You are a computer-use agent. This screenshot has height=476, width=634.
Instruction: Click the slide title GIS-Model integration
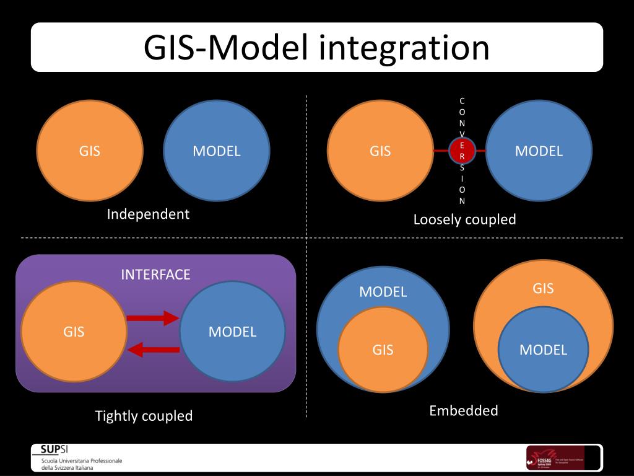click(316, 48)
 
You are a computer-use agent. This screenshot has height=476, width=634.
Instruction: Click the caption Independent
click(148, 214)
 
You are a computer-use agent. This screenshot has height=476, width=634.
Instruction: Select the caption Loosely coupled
click(464, 219)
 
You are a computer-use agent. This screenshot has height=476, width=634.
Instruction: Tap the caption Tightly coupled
click(144, 416)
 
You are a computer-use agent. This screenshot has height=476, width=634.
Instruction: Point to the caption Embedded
click(463, 410)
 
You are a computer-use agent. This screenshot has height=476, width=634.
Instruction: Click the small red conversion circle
click(462, 150)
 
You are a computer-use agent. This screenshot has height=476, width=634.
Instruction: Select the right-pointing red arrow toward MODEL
click(152, 319)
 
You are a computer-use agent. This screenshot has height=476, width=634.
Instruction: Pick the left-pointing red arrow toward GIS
click(152, 350)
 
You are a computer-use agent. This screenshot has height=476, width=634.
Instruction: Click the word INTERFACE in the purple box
click(155, 275)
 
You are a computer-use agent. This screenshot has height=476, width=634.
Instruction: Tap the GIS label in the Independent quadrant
click(90, 151)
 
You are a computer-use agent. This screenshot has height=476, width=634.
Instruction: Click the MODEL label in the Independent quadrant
click(216, 151)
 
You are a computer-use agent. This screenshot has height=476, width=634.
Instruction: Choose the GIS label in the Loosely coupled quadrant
click(380, 151)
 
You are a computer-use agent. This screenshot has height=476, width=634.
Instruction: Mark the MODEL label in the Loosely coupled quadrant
click(539, 151)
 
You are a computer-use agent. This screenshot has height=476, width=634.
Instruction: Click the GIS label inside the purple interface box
click(74, 332)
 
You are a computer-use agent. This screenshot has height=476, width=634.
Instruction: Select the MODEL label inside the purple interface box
click(232, 332)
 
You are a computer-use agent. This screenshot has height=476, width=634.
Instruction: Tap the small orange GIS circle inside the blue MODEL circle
click(383, 350)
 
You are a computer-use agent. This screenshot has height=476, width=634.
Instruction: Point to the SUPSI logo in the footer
click(54, 450)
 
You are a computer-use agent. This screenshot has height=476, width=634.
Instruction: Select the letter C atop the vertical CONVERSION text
click(462, 100)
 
